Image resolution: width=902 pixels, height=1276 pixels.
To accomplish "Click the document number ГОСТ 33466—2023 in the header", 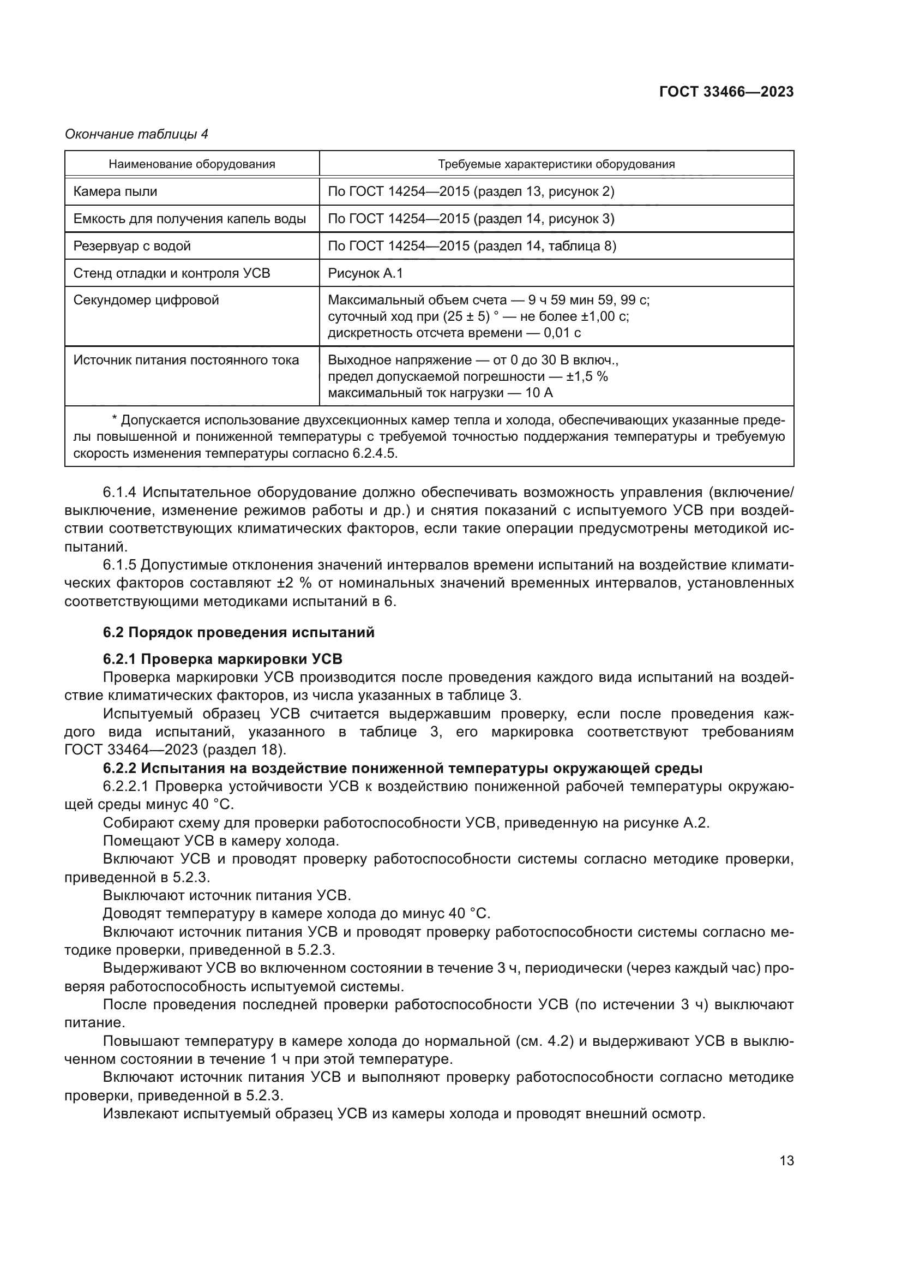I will click(726, 92).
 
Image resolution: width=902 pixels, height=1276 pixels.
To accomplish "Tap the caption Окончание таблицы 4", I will click(137, 134).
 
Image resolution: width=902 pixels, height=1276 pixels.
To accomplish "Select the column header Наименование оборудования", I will click(191, 164).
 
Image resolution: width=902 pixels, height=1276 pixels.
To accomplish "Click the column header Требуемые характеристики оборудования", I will click(556, 164).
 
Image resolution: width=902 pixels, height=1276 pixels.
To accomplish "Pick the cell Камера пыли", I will click(115, 191).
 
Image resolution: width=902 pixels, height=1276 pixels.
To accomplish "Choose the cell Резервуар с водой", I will click(132, 246).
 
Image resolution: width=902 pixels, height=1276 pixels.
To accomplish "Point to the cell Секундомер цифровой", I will click(146, 301).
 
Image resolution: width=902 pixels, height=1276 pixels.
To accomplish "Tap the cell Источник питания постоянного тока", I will click(186, 360).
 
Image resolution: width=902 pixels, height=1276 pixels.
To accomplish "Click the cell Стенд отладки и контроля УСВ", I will click(172, 273).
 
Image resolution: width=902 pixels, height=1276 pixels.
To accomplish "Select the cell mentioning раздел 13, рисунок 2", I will click(471, 191).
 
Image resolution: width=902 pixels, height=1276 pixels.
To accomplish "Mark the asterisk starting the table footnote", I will click(115, 420).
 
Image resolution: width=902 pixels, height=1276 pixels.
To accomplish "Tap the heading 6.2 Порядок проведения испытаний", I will click(239, 632).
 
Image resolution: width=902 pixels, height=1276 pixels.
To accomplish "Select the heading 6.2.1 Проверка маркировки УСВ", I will click(223, 659).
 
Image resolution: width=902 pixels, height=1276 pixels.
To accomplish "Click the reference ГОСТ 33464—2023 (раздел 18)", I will click(175, 750).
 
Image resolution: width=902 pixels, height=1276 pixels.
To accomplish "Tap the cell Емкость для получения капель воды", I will click(190, 219).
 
